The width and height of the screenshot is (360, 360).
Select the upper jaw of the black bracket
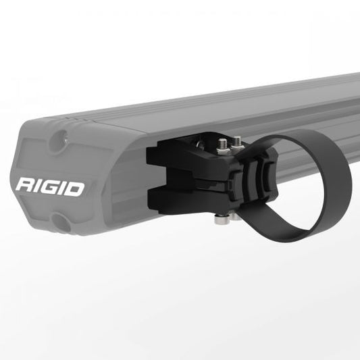tap(169, 159)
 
